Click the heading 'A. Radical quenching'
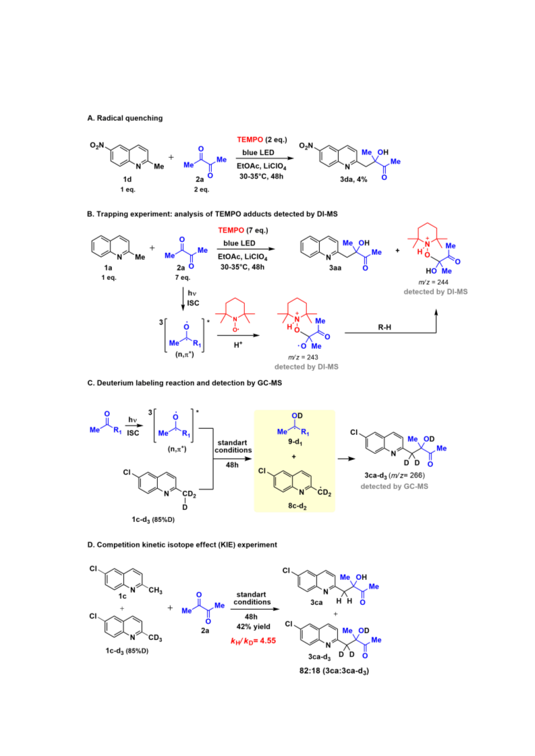pyautogui.click(x=125, y=118)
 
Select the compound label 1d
pyautogui.click(x=128, y=179)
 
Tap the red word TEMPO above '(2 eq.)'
pyautogui.click(x=250, y=140)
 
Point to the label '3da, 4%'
pyautogui.click(x=354, y=179)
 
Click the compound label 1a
pyautogui.click(x=108, y=268)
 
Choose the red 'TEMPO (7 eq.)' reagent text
pyautogui.click(x=243, y=231)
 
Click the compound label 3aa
pyautogui.click(x=335, y=268)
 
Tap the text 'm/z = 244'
pyautogui.click(x=433, y=282)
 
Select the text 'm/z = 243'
pyautogui.click(x=303, y=357)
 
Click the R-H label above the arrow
pyautogui.click(x=385, y=327)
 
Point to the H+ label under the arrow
pyautogui.click(x=238, y=345)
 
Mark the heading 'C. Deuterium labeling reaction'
pyautogui.click(x=185, y=383)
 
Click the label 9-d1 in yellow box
pyautogui.click(x=295, y=442)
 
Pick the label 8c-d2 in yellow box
pyautogui.click(x=298, y=506)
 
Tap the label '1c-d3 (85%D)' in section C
pyautogui.click(x=153, y=520)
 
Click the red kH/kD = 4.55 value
pyautogui.click(x=253, y=641)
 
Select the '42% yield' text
pyautogui.click(x=253, y=627)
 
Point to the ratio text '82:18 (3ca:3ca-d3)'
pyautogui.click(x=334, y=670)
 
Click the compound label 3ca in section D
pyautogui.click(x=316, y=603)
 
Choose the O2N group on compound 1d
pyautogui.click(x=97, y=146)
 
